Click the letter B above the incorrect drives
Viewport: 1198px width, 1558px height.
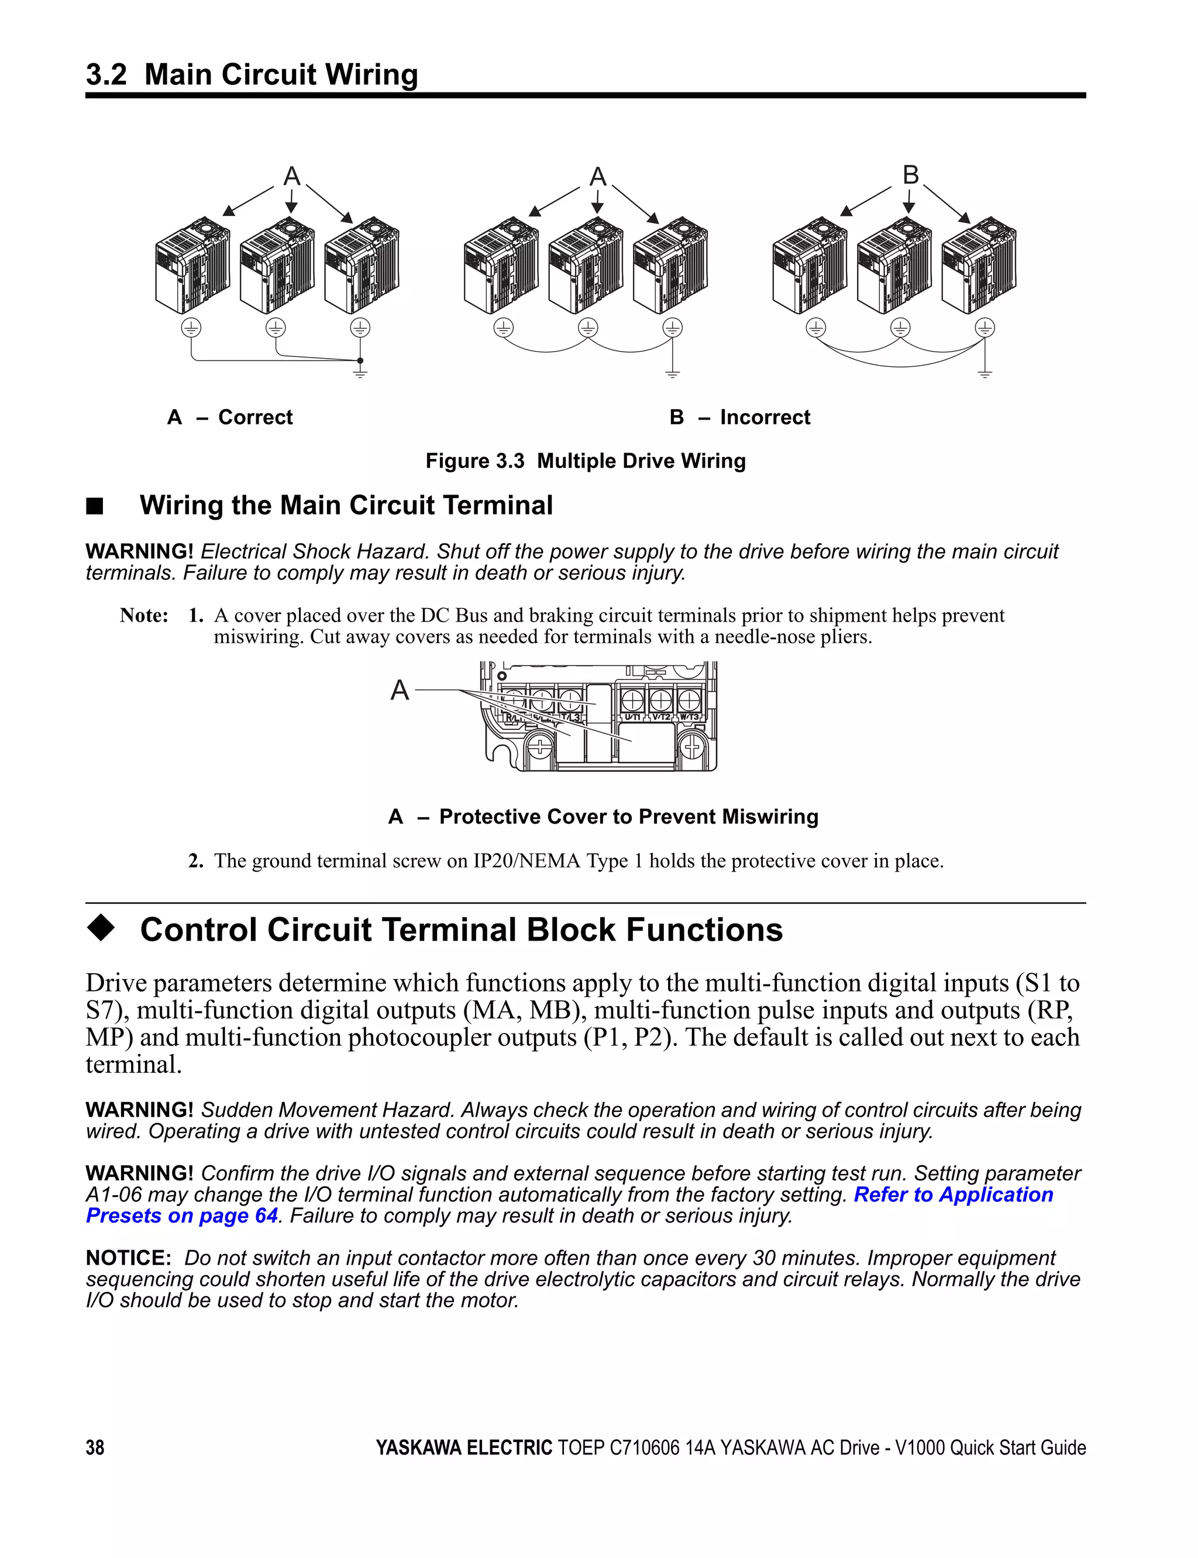pos(911,175)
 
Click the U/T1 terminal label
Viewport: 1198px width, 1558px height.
pos(632,716)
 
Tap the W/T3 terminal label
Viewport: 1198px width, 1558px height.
pos(689,716)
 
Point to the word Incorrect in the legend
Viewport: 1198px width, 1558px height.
pos(765,417)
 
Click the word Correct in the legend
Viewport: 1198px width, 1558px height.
pos(255,417)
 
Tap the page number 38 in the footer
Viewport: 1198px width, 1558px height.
pos(95,1447)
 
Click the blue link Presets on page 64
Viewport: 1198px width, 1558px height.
pos(182,1216)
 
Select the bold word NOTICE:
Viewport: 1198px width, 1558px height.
pos(128,1258)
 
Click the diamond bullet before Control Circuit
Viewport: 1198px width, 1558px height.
pos(101,929)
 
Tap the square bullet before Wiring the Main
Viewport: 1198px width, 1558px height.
pos(95,506)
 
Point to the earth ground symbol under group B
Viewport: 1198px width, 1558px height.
pos(985,373)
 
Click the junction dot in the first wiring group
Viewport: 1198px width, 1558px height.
pos(360,361)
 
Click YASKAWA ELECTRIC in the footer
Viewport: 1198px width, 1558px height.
pos(463,1447)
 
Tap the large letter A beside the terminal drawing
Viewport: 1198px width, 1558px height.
pos(400,690)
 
